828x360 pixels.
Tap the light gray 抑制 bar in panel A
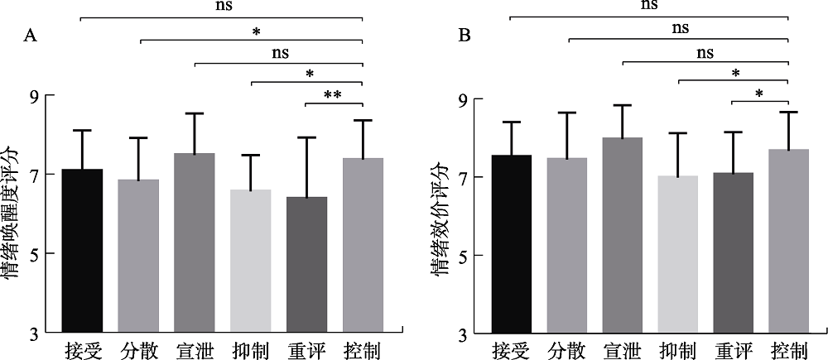(250, 262)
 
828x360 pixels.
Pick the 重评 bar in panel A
(306, 265)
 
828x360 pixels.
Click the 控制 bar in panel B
(789, 241)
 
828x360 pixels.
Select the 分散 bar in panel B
(567, 245)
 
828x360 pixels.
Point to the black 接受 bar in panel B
(511, 244)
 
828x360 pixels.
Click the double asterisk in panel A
(333, 95)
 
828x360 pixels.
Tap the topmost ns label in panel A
(222, 5)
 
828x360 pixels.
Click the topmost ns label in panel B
(650, 5)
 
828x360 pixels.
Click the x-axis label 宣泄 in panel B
(623, 351)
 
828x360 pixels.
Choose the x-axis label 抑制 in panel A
(250, 351)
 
